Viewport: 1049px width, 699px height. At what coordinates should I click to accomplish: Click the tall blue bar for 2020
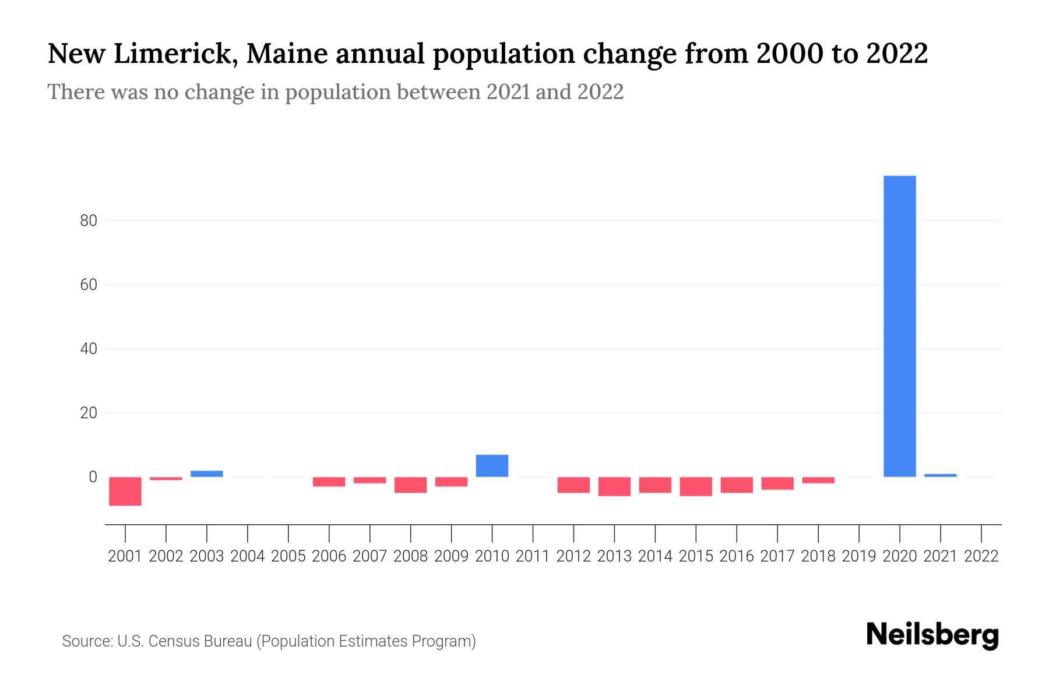pos(900,326)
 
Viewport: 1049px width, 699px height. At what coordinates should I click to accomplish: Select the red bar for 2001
pos(125,491)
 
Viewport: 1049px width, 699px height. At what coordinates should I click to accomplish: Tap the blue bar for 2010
pos(492,465)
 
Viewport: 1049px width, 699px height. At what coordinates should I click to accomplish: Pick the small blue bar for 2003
pos(207,474)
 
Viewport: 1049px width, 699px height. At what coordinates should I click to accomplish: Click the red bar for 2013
pos(614,486)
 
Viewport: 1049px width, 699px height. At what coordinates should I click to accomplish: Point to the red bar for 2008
pos(410,485)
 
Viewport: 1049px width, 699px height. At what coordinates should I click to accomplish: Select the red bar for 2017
pos(777,483)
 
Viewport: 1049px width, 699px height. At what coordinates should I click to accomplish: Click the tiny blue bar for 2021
pos(941,475)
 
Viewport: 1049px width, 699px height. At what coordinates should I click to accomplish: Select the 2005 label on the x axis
pos(288,556)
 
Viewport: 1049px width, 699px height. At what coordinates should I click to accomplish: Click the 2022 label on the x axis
pos(981,556)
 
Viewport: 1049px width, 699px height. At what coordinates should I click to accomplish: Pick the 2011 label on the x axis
pos(533,556)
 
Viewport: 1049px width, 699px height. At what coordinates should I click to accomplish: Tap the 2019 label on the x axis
pos(859,556)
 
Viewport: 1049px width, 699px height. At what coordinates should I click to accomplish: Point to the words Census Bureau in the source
pos(200,641)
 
